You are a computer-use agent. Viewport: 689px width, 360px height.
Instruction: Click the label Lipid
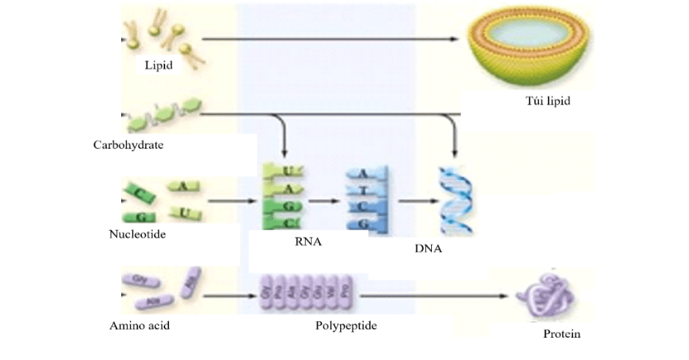(x=158, y=66)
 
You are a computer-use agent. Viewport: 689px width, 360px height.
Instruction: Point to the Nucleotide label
(x=137, y=235)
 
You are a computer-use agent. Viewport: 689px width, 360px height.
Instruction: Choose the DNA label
(x=427, y=248)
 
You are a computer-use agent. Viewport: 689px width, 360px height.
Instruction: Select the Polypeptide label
(x=346, y=326)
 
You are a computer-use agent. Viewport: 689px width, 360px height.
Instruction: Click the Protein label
(x=562, y=334)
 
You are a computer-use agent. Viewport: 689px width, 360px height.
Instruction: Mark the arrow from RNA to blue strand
(x=320, y=201)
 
